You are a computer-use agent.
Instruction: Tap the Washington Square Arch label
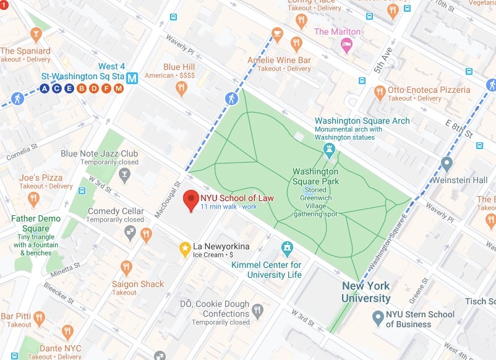362,121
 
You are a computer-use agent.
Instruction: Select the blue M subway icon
132,78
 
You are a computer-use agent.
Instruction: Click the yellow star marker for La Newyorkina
184,248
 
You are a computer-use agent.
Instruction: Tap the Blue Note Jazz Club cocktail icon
126,174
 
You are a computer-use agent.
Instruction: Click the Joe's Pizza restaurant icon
34,199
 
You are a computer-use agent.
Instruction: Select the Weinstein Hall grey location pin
447,165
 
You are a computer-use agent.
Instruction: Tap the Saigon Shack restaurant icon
127,268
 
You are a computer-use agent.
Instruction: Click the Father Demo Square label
36,223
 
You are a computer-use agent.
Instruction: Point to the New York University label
366,292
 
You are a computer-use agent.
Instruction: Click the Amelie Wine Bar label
279,60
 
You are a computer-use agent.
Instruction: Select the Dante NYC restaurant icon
67,332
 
